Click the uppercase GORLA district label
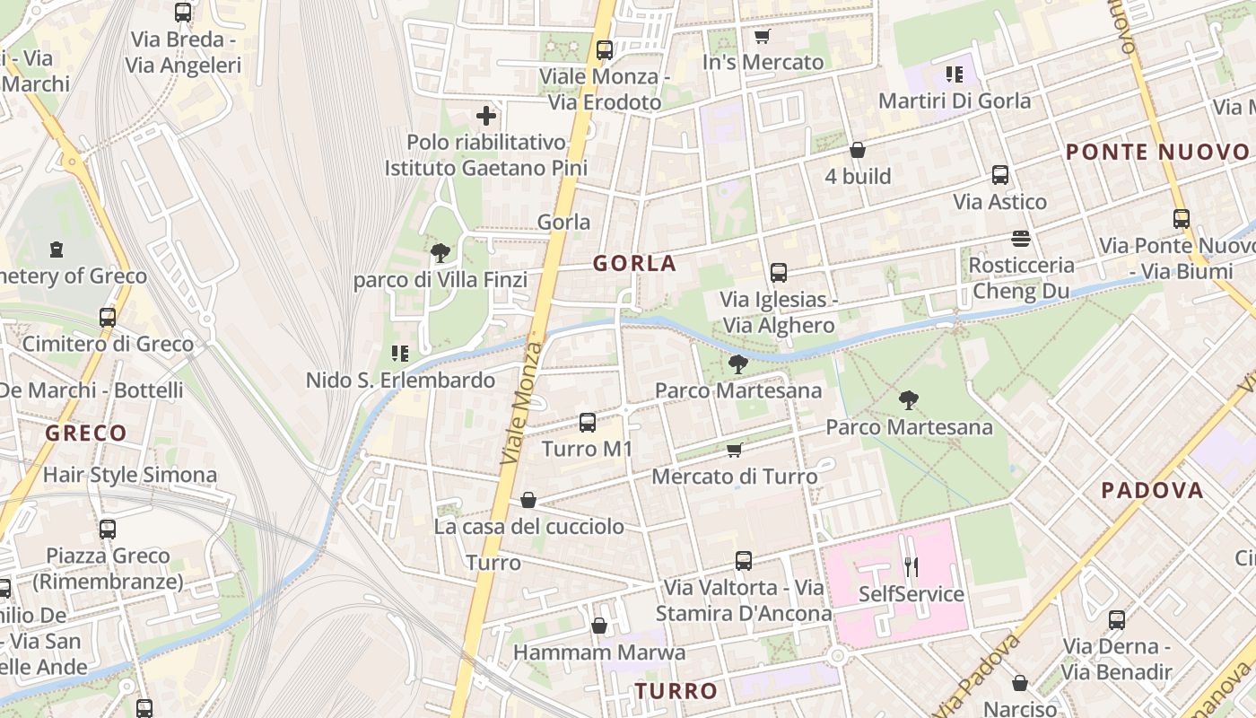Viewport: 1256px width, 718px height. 634,264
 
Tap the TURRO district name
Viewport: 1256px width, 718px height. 676,691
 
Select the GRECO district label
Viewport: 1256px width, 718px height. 86,433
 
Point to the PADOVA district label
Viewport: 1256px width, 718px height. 1152,491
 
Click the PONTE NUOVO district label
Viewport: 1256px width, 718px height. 1157,153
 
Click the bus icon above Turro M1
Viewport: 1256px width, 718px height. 588,422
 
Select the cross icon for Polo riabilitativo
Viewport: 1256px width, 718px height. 486,116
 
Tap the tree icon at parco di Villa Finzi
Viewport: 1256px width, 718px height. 440,253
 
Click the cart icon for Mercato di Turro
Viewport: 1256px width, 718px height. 734,450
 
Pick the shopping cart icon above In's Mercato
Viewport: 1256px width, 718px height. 763,36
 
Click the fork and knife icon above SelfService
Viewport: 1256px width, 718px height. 911,566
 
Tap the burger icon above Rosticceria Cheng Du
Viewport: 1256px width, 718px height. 1021,238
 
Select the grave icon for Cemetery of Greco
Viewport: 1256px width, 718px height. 57,249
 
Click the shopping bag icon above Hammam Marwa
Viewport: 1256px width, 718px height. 598,626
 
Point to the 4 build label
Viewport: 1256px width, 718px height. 858,176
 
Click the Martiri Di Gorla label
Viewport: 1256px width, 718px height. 955,101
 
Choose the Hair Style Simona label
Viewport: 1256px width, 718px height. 130,475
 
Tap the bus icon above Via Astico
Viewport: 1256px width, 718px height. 1000,175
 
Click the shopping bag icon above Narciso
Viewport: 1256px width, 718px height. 1020,684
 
